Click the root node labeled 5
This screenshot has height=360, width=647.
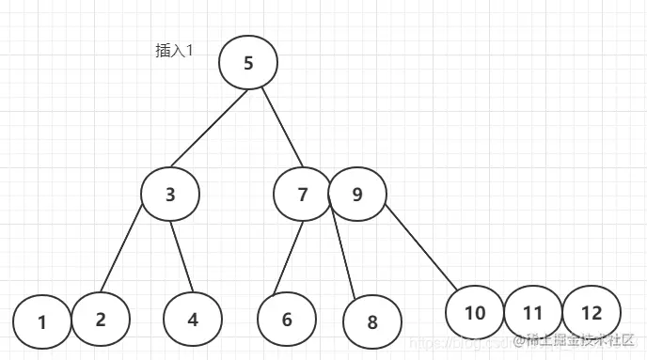click(248, 63)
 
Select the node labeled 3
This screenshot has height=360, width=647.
click(170, 195)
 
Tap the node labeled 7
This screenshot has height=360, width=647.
click(302, 195)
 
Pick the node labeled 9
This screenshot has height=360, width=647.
click(357, 195)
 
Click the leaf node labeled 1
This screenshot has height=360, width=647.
click(42, 322)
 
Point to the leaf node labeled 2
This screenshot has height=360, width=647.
click(100, 318)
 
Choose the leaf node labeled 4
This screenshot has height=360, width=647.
click(192, 319)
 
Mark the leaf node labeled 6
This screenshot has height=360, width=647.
click(287, 319)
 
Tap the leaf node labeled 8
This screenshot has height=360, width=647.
click(372, 322)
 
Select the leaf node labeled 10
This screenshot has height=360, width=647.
click(475, 312)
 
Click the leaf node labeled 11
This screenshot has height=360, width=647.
click(533, 313)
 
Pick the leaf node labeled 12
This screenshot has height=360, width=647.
click(592, 313)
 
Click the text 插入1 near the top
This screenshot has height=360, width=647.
click(174, 52)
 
